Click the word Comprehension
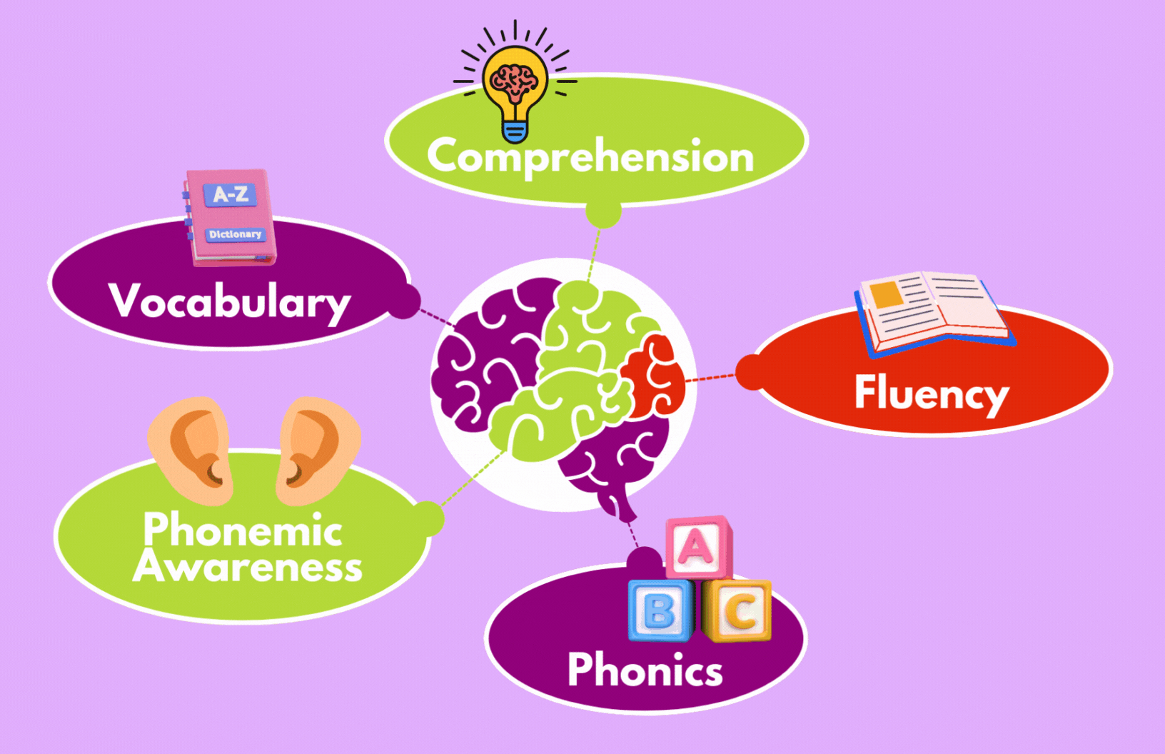pyautogui.click(x=590, y=156)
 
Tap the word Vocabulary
pyautogui.click(x=229, y=302)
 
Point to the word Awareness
pyautogui.click(x=248, y=566)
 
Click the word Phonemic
pyautogui.click(x=243, y=529)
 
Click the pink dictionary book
pyautogui.click(x=229, y=218)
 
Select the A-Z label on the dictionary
pyautogui.click(x=230, y=195)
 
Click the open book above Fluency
pyautogui.click(x=935, y=313)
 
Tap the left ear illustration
pyautogui.click(x=191, y=451)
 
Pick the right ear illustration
pyautogui.click(x=318, y=451)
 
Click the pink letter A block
pyautogui.click(x=698, y=548)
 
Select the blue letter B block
pyautogui.click(x=660, y=610)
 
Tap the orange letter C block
pyautogui.click(x=737, y=610)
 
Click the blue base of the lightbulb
pyautogui.click(x=515, y=132)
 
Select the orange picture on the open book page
pyautogui.click(x=886, y=294)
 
